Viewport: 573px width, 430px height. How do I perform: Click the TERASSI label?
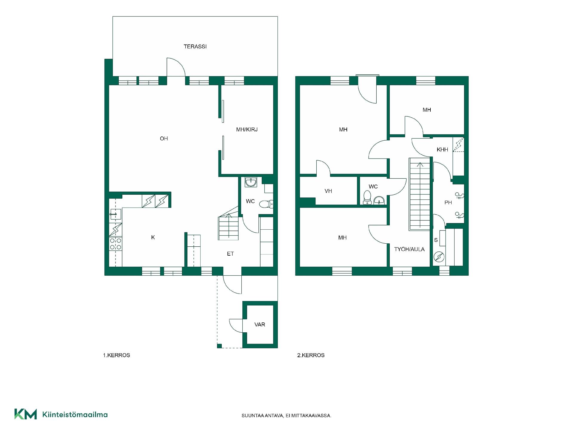pos(195,47)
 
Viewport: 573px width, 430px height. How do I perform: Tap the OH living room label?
pos(164,139)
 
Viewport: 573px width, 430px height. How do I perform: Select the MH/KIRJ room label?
pos(247,130)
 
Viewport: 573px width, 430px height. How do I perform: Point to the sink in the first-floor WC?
pos(251,182)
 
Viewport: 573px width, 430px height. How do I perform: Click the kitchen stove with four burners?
pos(115,244)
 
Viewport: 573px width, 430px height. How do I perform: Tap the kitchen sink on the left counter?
pos(115,214)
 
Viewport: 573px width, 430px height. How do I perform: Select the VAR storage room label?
pos(260,325)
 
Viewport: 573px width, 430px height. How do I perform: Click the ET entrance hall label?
pos(230,254)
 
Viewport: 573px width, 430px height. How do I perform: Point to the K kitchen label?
pos(153,237)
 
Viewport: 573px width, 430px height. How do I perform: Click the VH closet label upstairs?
pos(328,191)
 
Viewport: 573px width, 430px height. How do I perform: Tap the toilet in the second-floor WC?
pos(367,198)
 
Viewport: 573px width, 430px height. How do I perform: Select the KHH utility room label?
pos(442,150)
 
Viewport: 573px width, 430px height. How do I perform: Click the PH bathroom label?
pos(448,202)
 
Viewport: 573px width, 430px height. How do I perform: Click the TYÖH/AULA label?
pos(409,249)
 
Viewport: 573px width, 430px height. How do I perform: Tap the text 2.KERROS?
pos(311,355)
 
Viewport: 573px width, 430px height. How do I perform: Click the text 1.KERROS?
pos(116,355)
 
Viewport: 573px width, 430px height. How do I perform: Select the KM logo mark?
pos(26,414)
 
